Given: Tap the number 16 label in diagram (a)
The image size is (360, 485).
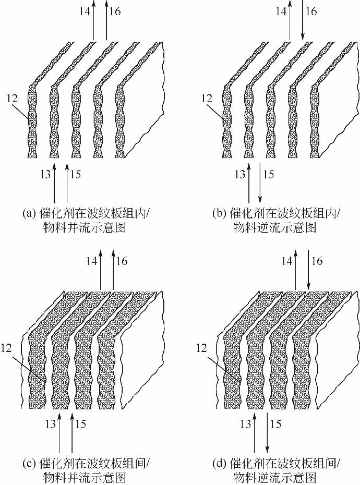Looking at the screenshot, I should click(x=115, y=11).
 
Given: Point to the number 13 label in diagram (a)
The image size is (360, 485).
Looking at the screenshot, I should click(x=45, y=174).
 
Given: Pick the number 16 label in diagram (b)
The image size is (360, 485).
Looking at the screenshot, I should click(x=311, y=11).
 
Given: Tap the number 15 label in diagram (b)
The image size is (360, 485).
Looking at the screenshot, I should click(x=268, y=174).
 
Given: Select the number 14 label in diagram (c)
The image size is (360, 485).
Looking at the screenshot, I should click(x=92, y=260).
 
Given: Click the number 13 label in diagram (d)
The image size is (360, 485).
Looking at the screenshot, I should click(x=245, y=423).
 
